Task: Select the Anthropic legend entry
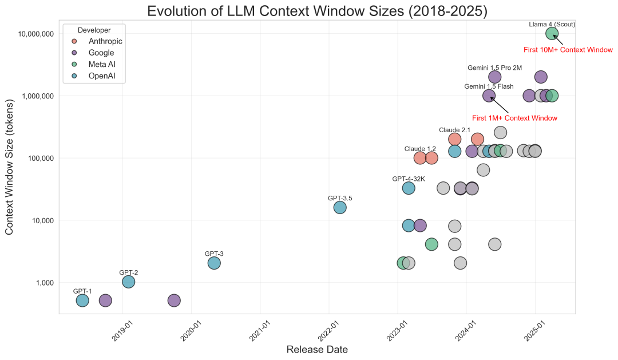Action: click(x=105, y=41)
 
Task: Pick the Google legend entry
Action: click(x=101, y=53)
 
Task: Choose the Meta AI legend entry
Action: click(x=103, y=64)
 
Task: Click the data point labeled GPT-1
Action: click(x=82, y=300)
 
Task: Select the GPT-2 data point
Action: click(x=129, y=282)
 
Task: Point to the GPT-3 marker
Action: click(x=214, y=263)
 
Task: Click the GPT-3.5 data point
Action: click(x=340, y=207)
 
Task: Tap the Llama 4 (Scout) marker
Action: click(x=552, y=33)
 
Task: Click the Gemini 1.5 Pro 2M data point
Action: click(x=495, y=77)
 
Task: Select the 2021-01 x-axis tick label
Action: click(x=259, y=333)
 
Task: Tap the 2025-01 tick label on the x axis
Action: click(x=533, y=333)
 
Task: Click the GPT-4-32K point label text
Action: click(x=409, y=179)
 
